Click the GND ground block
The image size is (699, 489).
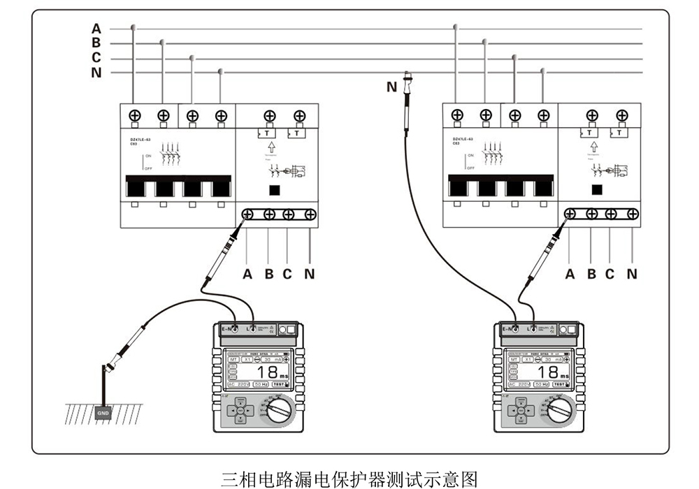point(102,413)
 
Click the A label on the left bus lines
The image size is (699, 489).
point(96,29)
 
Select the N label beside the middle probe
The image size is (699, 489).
point(391,87)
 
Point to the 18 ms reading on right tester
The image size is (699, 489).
point(550,372)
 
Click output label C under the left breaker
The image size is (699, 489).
point(287,274)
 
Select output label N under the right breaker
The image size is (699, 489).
point(632,274)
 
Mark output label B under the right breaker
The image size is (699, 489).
point(591,274)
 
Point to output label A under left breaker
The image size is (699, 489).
point(247,274)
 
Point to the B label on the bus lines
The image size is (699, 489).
point(96,43)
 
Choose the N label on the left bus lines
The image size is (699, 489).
point(96,73)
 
